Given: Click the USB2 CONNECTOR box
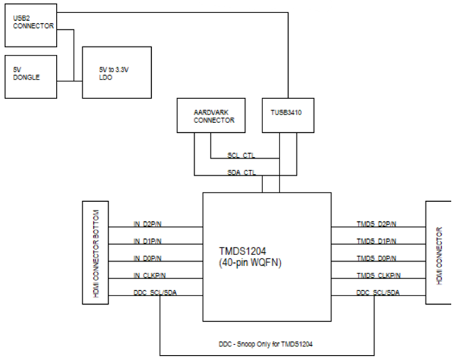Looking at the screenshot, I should [x=30, y=26].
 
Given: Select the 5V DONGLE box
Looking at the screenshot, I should [x=30, y=77].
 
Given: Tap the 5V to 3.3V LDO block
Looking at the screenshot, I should [x=116, y=72].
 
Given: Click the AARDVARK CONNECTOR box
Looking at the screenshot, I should [x=210, y=118].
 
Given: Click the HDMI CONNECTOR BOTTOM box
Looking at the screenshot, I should [x=96, y=253].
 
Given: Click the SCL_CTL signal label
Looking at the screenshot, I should [x=242, y=156].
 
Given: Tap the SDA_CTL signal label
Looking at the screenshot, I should [x=242, y=173].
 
